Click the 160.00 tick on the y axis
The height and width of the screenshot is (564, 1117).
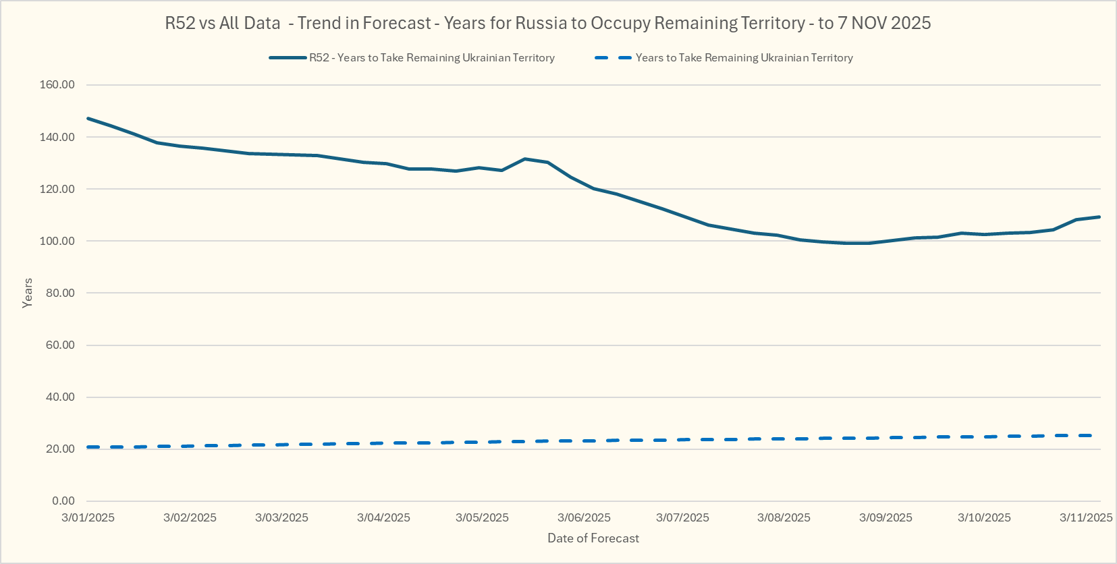point(57,85)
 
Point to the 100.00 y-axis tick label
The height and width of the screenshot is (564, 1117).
point(57,241)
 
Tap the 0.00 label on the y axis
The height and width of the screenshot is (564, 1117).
point(63,501)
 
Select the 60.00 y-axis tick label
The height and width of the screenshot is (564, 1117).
point(60,345)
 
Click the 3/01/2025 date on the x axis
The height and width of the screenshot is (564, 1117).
point(88,517)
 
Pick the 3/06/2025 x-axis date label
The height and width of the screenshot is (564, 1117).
point(584,517)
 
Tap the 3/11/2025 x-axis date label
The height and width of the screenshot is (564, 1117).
point(1086,517)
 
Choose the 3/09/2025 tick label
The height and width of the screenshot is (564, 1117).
point(886,517)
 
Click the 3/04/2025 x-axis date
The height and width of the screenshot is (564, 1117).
point(383,517)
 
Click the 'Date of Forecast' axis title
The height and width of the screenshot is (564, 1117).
point(593,538)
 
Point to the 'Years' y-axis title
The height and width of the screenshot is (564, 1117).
point(28,293)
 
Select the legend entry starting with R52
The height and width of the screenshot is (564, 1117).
point(432,58)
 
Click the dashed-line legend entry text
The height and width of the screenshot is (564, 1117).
point(744,58)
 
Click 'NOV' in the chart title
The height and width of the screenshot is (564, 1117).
point(869,23)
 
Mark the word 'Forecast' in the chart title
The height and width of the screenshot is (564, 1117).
point(397,23)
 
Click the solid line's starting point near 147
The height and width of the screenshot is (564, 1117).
point(88,119)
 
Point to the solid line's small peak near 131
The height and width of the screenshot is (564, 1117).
point(525,159)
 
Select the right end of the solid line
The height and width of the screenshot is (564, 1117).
point(1099,217)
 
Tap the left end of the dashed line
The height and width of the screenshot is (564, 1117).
point(88,447)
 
